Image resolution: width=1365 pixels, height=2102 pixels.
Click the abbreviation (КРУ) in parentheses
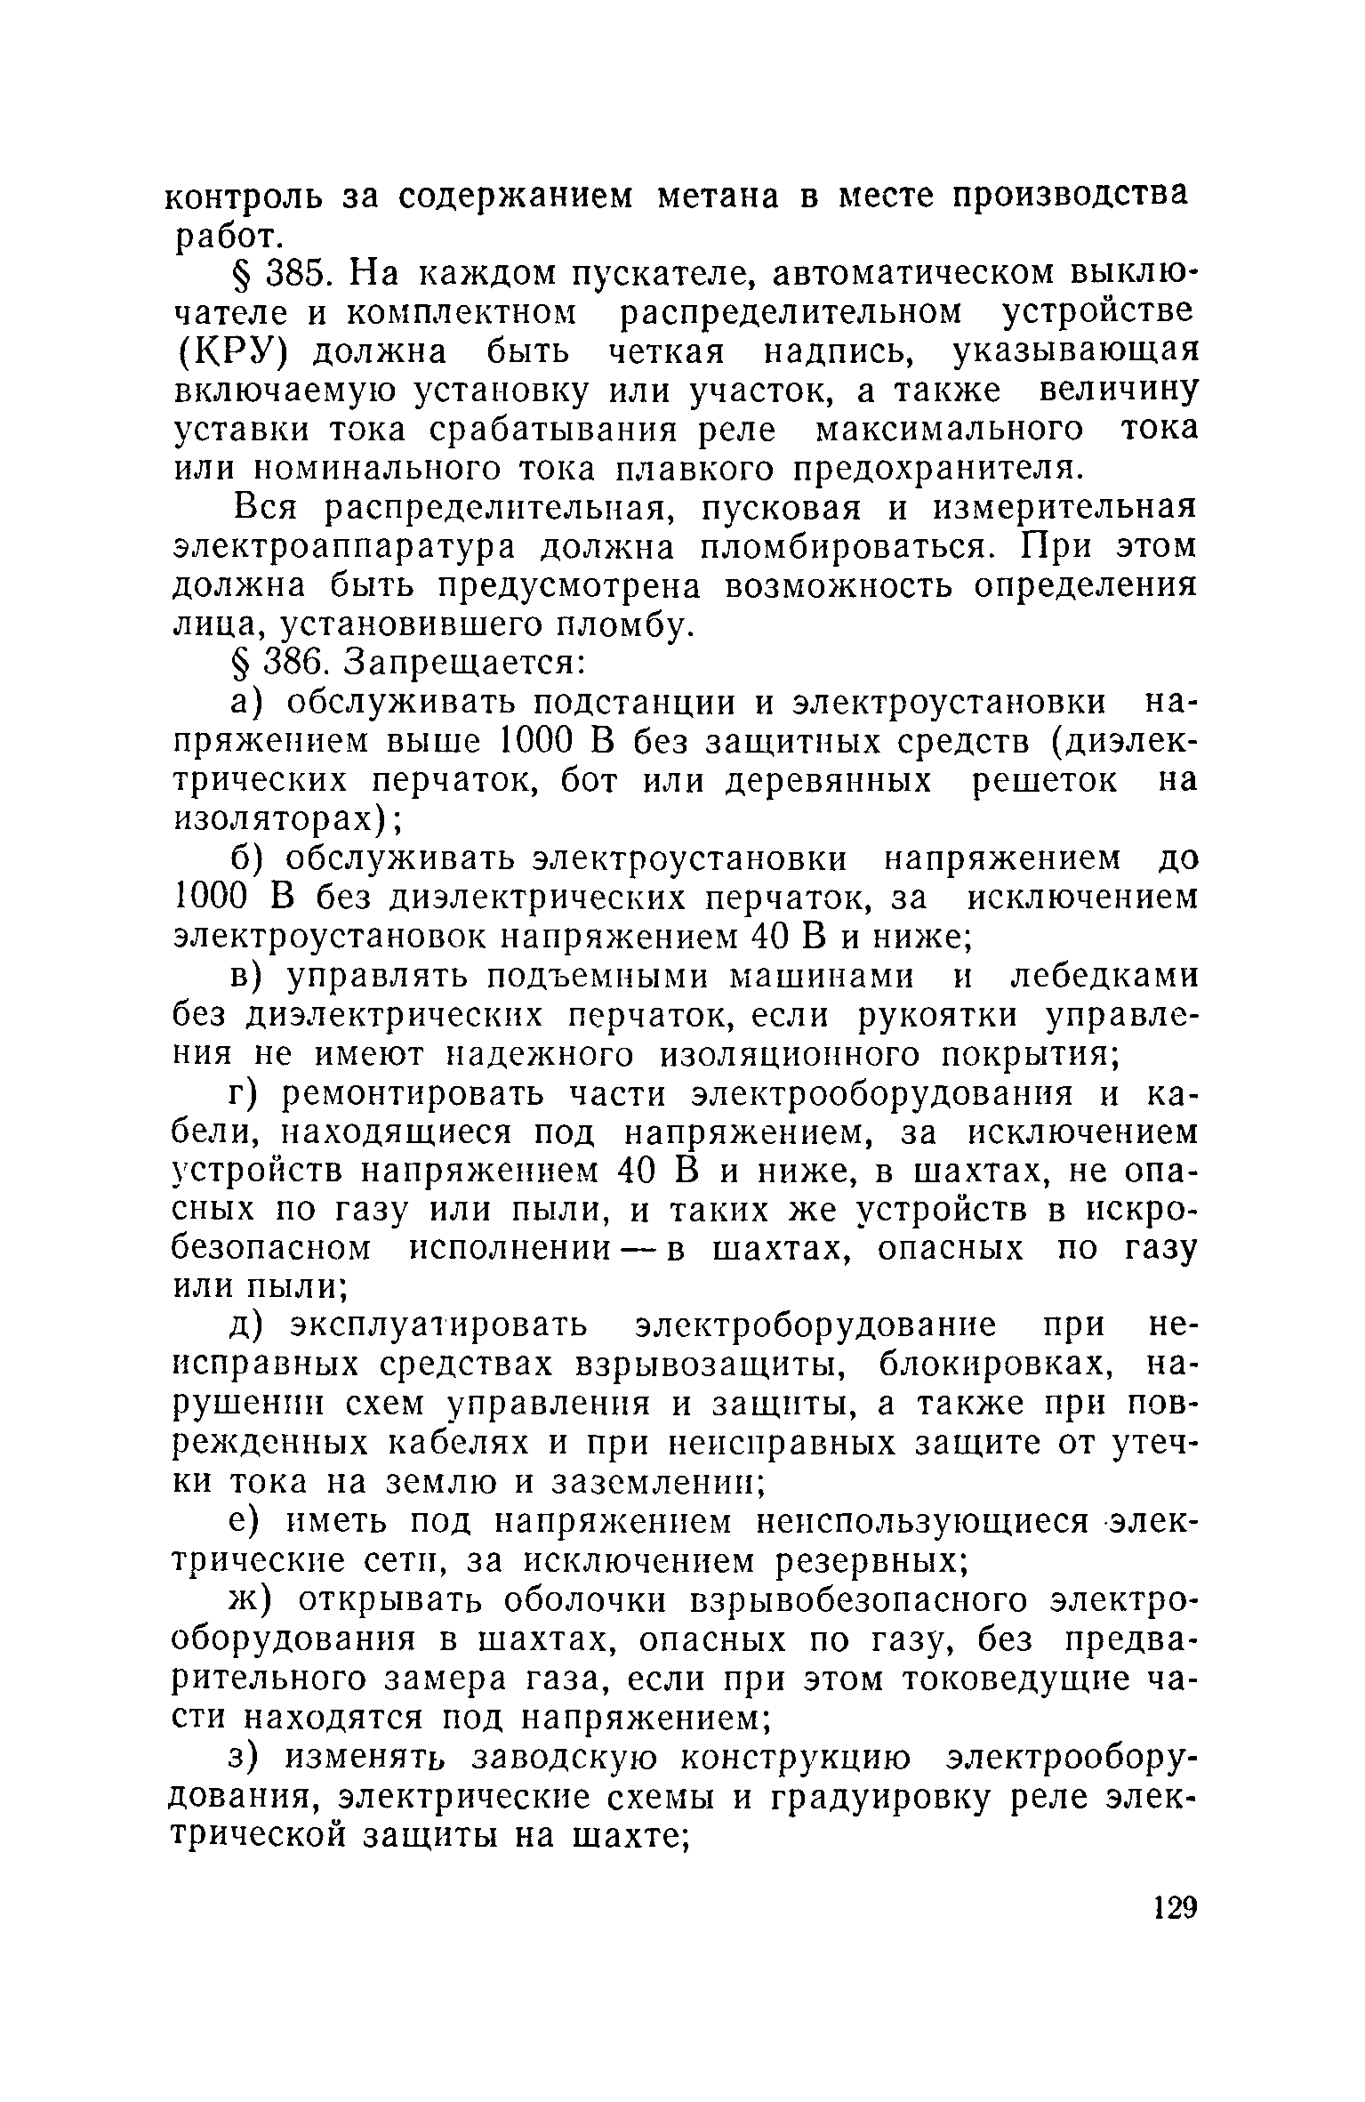click(233, 351)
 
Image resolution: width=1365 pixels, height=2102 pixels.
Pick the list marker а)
click(247, 703)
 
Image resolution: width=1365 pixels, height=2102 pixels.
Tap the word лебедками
click(1105, 977)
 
